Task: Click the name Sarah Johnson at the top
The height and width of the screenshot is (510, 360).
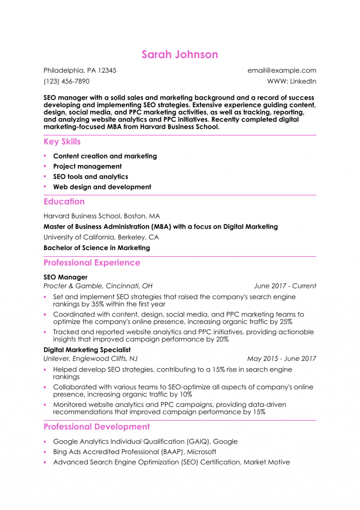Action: point(180,54)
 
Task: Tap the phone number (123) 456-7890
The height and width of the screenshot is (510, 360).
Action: point(66,81)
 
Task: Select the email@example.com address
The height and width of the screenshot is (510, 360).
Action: point(282,70)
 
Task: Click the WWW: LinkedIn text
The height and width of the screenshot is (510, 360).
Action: point(292,81)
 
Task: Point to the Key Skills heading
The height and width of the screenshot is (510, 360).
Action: point(62,142)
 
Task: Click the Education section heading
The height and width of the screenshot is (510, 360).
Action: point(64,202)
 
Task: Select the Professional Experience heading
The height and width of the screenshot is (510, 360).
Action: point(92,263)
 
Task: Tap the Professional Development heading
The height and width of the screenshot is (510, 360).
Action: point(97,427)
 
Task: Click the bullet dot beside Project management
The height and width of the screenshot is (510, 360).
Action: point(45,166)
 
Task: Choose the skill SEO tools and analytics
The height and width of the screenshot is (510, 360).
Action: point(90,177)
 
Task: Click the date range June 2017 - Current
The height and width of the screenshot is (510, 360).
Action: point(285,286)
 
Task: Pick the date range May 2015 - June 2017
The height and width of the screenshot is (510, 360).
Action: point(281,358)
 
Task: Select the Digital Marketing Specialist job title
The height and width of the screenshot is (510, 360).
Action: point(87,350)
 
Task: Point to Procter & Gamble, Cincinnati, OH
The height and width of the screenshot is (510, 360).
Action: point(98,286)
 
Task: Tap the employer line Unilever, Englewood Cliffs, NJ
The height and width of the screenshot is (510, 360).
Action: point(90,358)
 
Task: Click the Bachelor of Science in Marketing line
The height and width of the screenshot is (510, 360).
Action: point(97,248)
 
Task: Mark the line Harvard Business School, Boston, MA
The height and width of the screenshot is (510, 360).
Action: point(102,216)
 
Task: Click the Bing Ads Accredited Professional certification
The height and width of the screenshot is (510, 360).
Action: point(135,452)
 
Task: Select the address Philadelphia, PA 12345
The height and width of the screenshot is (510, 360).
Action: point(80,70)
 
